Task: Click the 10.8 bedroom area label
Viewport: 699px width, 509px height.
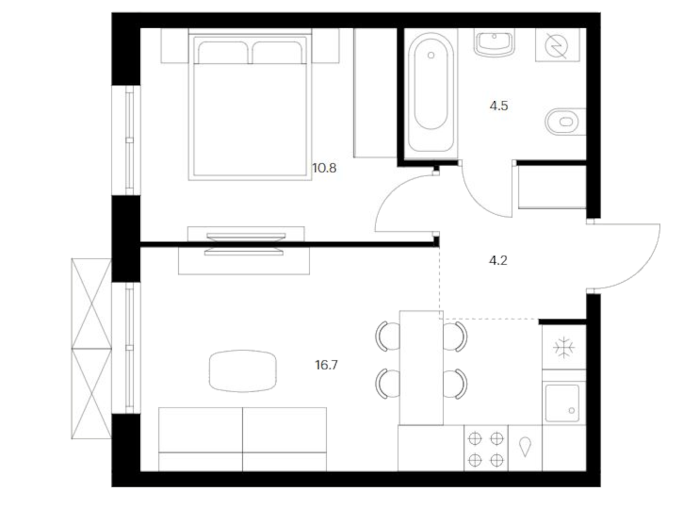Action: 324,168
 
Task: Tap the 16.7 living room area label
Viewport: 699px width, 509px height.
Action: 326,365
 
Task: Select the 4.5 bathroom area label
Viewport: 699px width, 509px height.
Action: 499,106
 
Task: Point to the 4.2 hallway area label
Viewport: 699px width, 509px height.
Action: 498,260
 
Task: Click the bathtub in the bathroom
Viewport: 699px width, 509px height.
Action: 431,93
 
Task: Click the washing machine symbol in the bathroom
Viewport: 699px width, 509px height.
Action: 556,45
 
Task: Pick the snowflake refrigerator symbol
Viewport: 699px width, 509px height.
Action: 563,347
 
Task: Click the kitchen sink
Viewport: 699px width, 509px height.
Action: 562,403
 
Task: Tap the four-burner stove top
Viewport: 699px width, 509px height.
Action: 485,449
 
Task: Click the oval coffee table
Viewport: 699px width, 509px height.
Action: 243,371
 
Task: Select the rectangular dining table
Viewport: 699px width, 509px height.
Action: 421,367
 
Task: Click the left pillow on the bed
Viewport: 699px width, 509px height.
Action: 223,52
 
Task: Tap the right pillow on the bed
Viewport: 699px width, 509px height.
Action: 277,52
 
